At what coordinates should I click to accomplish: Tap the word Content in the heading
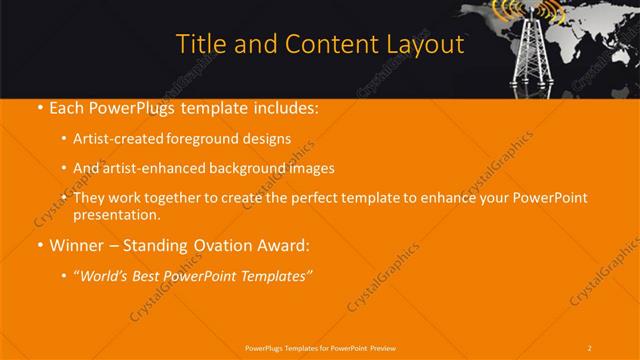(x=312, y=45)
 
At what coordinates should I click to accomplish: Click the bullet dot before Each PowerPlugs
(x=39, y=108)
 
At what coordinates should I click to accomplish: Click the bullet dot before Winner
(x=39, y=245)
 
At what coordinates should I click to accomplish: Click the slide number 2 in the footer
(x=590, y=347)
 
